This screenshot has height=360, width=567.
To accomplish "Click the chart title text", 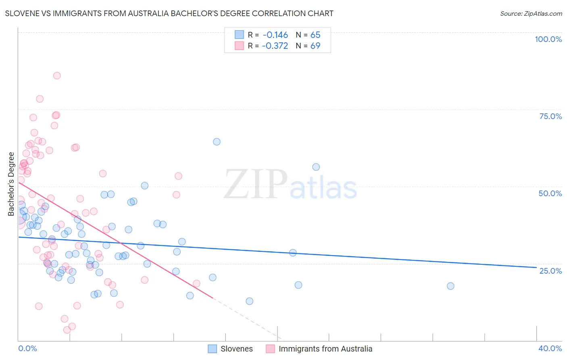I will [169, 13].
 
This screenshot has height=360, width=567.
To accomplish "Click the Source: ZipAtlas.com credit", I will [531, 13].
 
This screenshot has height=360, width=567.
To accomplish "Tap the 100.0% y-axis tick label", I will [548, 39].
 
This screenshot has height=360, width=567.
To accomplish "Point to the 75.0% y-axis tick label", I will [550, 116].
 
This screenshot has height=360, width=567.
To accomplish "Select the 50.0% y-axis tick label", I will [550, 193].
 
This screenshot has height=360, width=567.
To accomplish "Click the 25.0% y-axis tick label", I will [550, 270].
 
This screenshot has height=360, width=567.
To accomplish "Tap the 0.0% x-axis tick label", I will [27, 348].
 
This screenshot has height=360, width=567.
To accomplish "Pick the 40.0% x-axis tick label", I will [550, 348].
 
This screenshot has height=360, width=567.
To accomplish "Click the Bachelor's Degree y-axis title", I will [11, 184].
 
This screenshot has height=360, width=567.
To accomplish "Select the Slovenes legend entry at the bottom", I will [236, 349].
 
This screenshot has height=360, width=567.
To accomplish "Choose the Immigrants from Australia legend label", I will [325, 349].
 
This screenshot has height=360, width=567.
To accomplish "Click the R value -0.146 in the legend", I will [275, 35].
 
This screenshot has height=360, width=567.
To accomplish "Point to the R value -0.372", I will [275, 46].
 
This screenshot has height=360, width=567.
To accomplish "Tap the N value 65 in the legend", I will [315, 35].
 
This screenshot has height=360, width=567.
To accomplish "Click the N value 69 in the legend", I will [315, 46].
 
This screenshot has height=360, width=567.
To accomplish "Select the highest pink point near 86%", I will [57, 76].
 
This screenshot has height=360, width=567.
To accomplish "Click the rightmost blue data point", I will [450, 286].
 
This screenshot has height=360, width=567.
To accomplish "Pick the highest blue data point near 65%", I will [217, 142].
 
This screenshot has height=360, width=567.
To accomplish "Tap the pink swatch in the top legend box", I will [240, 46].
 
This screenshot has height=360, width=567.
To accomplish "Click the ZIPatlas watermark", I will [290, 185].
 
